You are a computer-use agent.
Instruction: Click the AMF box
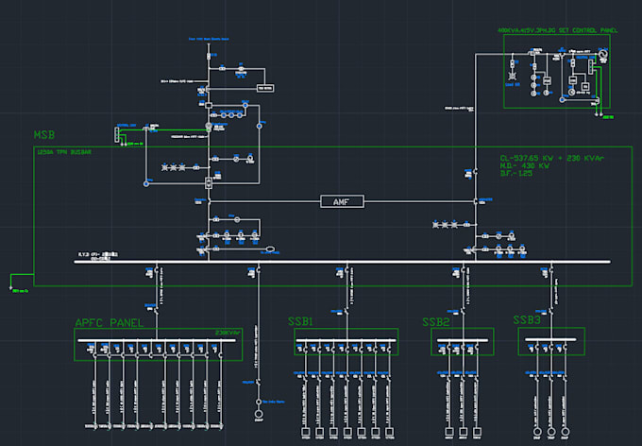click(341, 201)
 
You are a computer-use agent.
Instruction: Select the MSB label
click(46, 136)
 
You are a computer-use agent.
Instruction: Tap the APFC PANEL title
click(109, 322)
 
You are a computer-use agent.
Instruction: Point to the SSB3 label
click(527, 320)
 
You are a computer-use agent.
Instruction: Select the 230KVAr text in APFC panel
click(228, 332)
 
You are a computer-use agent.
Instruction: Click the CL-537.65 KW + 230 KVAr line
click(554, 158)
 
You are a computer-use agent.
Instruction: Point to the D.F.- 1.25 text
click(519, 175)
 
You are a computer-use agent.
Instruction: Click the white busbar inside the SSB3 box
click(551, 339)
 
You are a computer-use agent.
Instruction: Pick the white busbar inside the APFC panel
click(157, 340)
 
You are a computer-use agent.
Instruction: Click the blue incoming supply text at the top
click(210, 40)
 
